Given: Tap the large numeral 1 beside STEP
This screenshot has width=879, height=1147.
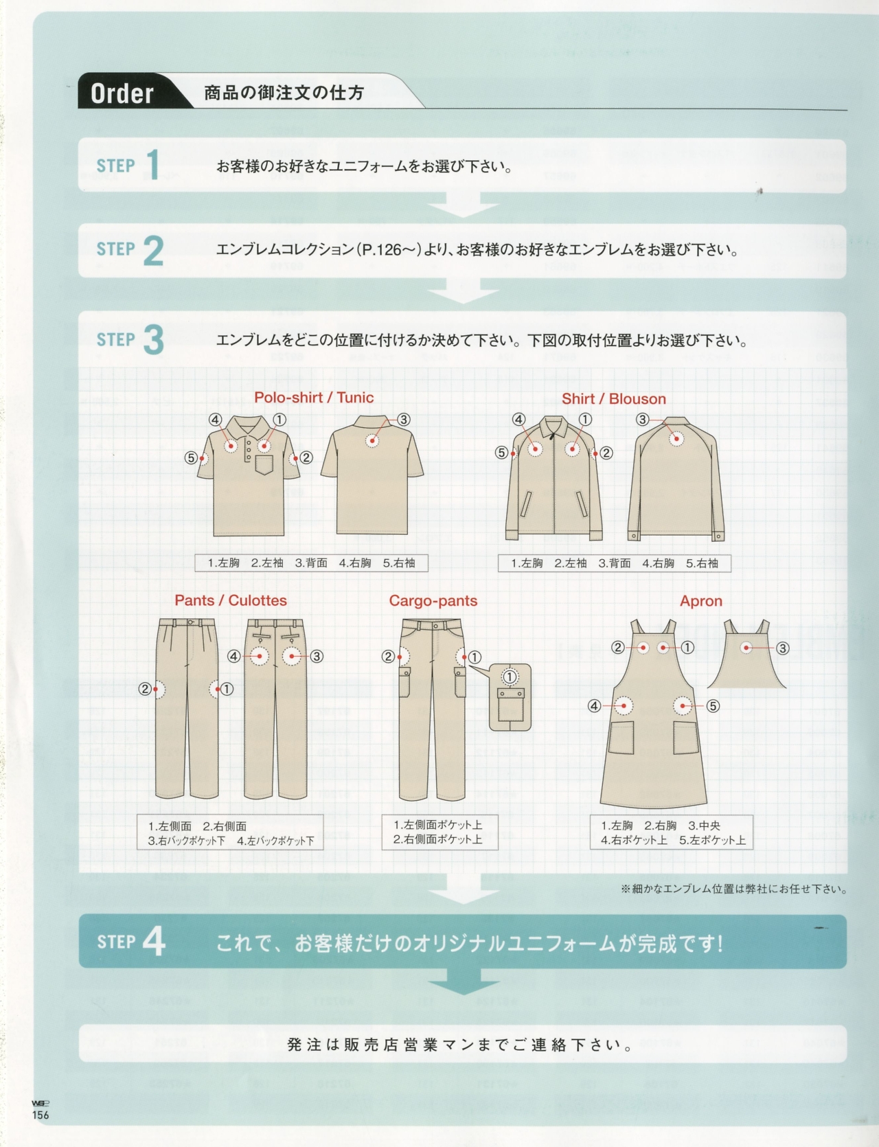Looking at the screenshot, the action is [x=153, y=166].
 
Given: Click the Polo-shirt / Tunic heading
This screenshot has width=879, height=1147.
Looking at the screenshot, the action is [x=314, y=397].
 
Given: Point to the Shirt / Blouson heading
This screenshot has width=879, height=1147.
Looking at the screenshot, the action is [x=613, y=398].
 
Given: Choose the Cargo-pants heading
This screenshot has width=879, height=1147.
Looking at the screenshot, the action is [x=433, y=600].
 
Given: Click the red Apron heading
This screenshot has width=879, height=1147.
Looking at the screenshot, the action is [x=700, y=601].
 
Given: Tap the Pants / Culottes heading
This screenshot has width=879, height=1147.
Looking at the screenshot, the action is [x=230, y=600].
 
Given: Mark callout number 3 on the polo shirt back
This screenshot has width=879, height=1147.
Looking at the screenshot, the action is [x=404, y=419].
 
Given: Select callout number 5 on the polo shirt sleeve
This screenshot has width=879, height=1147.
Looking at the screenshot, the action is [x=192, y=457].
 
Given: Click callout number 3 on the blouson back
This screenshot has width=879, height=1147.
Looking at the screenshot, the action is [x=642, y=419].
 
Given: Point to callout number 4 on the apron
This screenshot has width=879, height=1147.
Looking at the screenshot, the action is [x=594, y=705].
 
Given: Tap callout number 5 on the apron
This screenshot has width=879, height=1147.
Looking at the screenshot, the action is [x=713, y=705].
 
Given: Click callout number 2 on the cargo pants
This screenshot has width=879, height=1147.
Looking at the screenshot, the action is [x=388, y=657].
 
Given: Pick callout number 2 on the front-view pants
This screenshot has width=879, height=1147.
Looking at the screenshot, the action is [x=144, y=688].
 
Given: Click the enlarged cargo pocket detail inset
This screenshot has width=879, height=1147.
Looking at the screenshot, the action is [x=510, y=696].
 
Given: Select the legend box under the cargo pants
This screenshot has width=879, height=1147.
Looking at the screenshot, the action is [x=439, y=832].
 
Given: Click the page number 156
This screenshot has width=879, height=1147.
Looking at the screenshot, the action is [x=41, y=1115].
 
